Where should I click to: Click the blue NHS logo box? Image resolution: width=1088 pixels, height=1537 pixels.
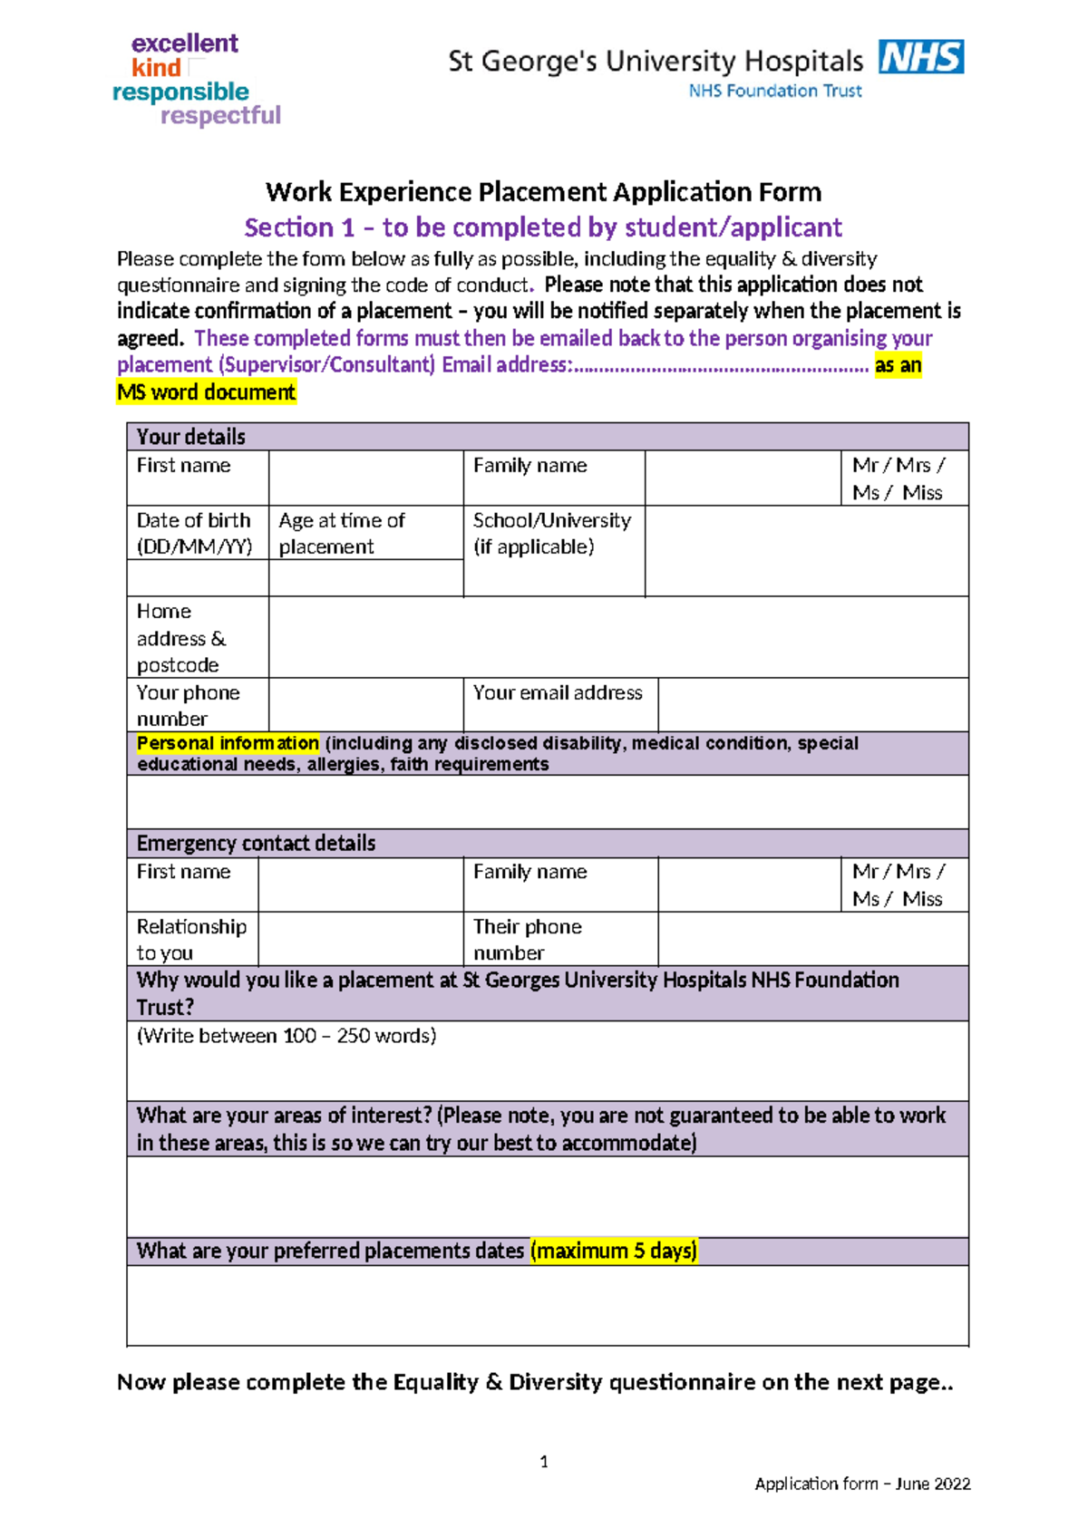(920, 56)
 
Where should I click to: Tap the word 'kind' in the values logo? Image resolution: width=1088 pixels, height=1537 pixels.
(156, 68)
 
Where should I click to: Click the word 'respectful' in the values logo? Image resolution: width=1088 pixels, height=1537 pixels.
(220, 116)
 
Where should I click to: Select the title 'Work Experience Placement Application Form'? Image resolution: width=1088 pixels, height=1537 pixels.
(543, 192)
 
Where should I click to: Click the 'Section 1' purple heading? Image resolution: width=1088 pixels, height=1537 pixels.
(543, 227)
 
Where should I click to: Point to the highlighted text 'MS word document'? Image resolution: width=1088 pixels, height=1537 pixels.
(206, 392)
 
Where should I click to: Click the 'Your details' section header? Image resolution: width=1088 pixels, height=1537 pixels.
(190, 437)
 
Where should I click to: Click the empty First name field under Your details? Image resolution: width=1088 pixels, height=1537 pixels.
(365, 478)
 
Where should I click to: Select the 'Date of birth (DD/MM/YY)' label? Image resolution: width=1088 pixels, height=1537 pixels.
(194, 533)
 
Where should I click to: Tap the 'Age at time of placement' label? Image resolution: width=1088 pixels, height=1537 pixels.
(341, 533)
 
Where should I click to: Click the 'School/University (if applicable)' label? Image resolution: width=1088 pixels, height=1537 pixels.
(551, 533)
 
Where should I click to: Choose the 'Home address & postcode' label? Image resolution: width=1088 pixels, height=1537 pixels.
(180, 638)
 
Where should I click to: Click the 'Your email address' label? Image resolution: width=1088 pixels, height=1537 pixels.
(557, 692)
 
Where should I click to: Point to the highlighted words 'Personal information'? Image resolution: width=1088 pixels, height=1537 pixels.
(228, 743)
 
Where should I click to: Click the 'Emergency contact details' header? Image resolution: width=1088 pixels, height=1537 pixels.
(256, 844)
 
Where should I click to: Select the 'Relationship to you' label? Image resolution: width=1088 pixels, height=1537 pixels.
(190, 939)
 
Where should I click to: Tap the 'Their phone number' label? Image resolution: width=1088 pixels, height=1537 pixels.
(527, 939)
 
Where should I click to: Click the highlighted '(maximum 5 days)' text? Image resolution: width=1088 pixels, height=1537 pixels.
(614, 1252)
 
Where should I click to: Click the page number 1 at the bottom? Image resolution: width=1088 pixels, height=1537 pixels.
(544, 1461)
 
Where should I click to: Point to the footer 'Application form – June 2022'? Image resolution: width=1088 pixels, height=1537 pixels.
(862, 1484)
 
